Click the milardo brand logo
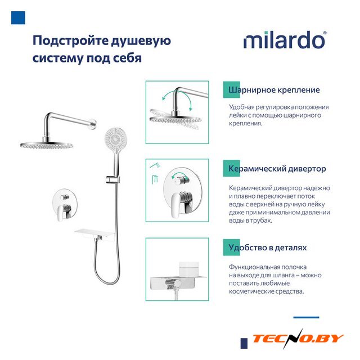(x=285, y=40)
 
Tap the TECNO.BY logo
(x=298, y=339)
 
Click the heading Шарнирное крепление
(x=274, y=90)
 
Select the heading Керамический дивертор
(x=277, y=169)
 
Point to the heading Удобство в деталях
(x=268, y=247)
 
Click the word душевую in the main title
(x=141, y=41)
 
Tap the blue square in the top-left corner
(x=18, y=17)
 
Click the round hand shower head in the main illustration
(x=115, y=138)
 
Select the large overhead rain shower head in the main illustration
(x=47, y=146)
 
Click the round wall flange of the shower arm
(x=94, y=123)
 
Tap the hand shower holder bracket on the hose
(x=112, y=179)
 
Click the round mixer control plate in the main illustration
(x=65, y=202)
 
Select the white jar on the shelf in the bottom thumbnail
(x=189, y=269)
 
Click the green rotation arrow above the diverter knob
(x=180, y=175)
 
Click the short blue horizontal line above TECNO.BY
(x=306, y=317)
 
